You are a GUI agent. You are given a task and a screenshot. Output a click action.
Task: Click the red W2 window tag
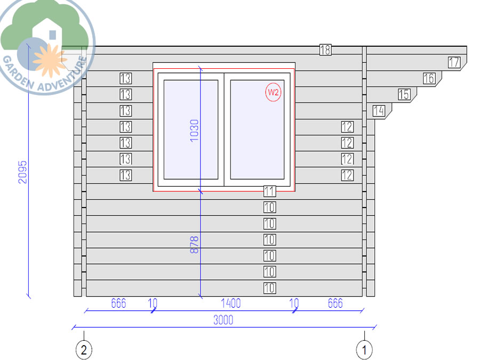coord(273,92)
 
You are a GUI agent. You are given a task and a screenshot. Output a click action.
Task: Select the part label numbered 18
coord(325,50)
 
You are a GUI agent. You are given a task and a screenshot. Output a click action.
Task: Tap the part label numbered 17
coord(454,62)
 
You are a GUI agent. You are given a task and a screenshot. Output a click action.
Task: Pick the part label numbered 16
coord(429,78)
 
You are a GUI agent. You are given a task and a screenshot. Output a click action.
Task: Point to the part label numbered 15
coord(404,94)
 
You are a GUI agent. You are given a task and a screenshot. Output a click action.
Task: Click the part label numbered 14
coord(379,110)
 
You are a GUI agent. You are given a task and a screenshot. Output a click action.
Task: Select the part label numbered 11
coord(270,191)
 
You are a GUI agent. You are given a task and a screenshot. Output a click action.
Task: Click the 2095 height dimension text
coord(22,172)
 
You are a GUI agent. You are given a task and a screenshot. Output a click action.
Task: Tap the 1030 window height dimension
coord(194,131)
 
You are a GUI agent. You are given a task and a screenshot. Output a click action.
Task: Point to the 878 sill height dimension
coord(194,245)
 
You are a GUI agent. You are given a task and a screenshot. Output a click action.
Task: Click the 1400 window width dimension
coord(231,303)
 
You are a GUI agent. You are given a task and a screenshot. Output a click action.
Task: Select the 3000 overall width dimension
coord(223,320)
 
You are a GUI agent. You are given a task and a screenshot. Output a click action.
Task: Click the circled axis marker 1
coord(364,349)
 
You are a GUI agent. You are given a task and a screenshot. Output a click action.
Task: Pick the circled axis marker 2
coord(84,349)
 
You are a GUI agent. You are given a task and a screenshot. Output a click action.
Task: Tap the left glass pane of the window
coord(191,130)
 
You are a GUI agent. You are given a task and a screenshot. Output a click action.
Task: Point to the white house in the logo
coord(47,33)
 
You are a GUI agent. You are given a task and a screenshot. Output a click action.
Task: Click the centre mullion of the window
coord(224,130)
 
